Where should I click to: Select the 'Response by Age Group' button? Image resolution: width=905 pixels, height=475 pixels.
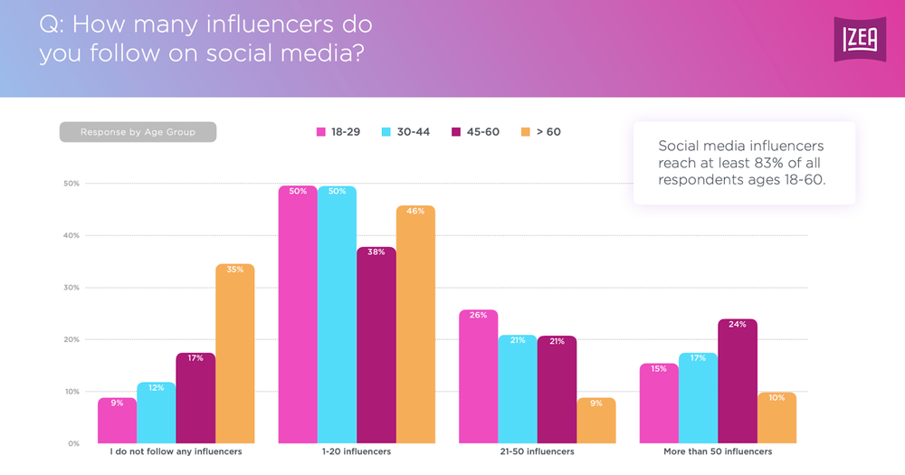tap(138, 132)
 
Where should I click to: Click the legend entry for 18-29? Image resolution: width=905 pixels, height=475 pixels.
tap(338, 132)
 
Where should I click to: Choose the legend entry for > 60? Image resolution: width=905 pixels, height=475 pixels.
tap(540, 132)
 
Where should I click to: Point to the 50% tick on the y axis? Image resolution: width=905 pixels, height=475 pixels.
tap(72, 184)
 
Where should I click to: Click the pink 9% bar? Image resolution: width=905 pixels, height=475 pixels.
tap(117, 421)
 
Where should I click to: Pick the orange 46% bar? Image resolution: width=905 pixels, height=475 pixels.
tap(415, 324)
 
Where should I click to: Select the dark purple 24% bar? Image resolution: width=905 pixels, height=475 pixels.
tap(738, 381)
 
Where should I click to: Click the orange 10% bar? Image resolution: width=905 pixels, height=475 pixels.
tap(776, 418)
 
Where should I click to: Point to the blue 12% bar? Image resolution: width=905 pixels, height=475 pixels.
tap(156, 413)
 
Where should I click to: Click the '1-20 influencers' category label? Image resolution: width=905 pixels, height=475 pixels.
tap(356, 451)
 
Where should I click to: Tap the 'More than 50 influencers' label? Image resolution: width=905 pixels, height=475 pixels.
tap(718, 451)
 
